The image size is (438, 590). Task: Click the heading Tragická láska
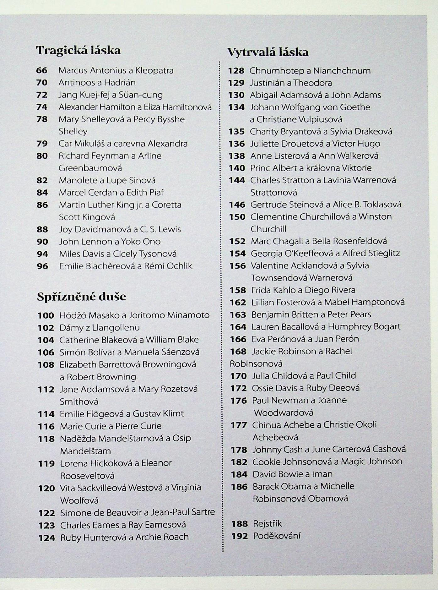(x=78, y=50)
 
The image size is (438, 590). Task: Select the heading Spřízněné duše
(x=81, y=297)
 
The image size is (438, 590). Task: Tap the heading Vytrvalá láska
(x=268, y=52)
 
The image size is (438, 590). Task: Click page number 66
(x=42, y=70)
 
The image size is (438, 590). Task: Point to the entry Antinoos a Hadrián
(x=97, y=83)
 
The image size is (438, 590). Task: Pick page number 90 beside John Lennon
(x=42, y=242)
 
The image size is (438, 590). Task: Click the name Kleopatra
(x=154, y=70)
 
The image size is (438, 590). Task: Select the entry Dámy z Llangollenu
(x=100, y=328)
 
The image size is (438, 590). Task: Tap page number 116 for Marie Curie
(x=46, y=426)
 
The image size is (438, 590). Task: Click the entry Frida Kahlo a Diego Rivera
(x=303, y=290)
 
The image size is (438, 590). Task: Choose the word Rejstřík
(x=267, y=524)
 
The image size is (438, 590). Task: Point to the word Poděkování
(x=277, y=536)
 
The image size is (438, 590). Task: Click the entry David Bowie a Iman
(x=292, y=474)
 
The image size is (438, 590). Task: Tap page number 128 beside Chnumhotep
(x=236, y=71)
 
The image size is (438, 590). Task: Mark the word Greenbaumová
(x=90, y=168)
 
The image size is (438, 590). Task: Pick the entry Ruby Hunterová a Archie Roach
(x=124, y=537)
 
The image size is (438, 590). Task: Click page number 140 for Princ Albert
(x=237, y=168)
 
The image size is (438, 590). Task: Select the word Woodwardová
(x=284, y=412)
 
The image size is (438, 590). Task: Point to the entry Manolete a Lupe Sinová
(x=107, y=180)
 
